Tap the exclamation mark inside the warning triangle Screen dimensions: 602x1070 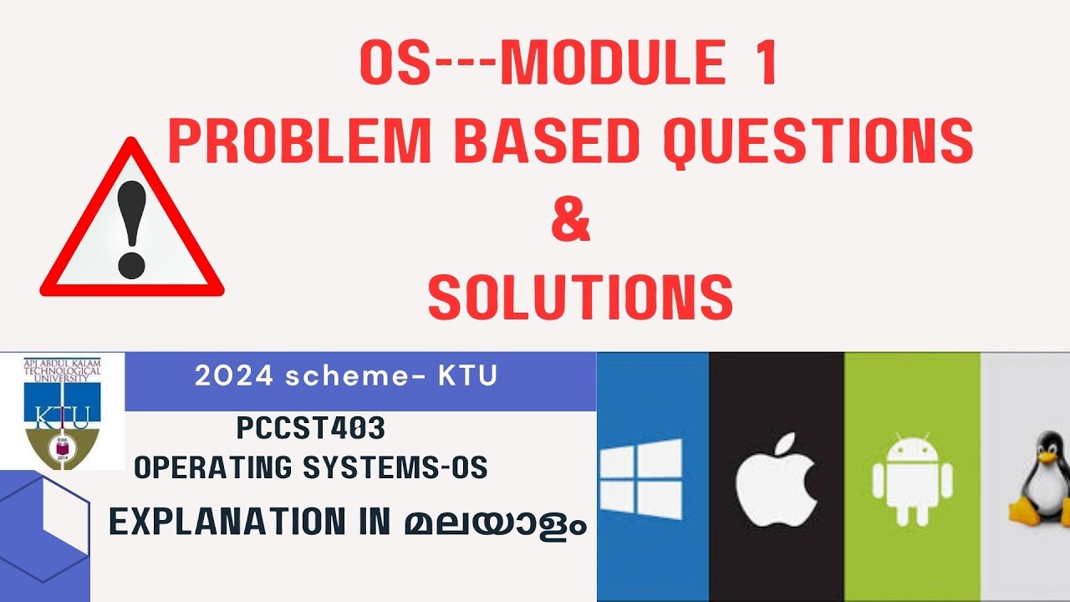tap(132, 231)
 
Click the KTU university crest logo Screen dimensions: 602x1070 tap(62, 410)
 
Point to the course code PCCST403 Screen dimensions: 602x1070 tap(310, 429)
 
